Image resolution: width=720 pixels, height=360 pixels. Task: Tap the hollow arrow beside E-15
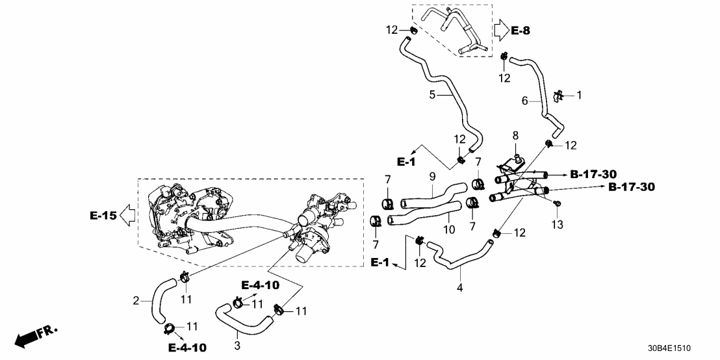128,214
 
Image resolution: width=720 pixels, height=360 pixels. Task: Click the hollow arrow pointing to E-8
500,29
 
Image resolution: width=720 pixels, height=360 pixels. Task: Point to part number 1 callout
579,96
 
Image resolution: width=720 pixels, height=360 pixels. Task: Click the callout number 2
136,300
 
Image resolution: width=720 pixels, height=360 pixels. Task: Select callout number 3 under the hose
237,346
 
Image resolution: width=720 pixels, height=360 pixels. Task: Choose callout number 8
515,136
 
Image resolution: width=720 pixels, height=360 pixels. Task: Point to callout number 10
448,230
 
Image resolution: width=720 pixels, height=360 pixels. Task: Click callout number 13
558,224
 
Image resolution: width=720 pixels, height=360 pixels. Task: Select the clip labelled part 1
558,96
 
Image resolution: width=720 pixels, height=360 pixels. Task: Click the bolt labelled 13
558,205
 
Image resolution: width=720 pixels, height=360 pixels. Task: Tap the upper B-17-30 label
593,174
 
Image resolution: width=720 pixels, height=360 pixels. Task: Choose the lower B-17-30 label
632,187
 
